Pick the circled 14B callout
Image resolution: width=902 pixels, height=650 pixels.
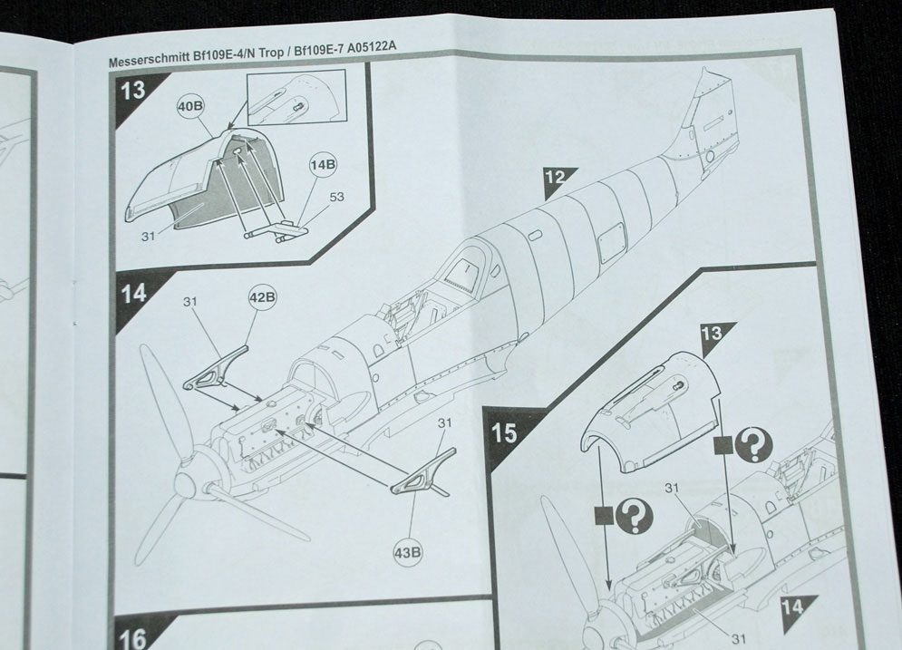coord(323,166)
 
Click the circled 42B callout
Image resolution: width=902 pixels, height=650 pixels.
coord(262,297)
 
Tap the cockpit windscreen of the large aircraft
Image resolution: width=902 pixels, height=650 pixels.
coord(471,272)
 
